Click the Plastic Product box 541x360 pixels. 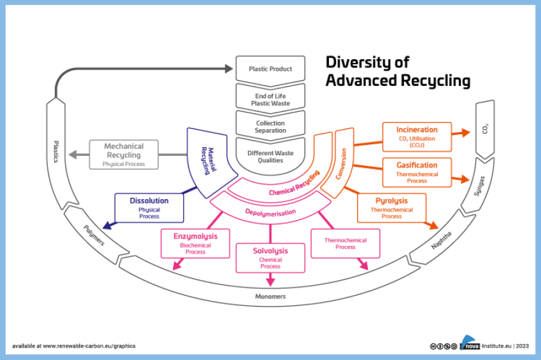[271, 69]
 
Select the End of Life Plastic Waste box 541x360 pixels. [271, 99]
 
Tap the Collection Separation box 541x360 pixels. [271, 127]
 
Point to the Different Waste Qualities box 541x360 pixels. [271, 156]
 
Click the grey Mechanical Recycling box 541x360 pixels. [123, 155]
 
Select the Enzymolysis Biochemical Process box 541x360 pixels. [195, 243]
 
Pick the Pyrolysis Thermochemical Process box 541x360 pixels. [391, 208]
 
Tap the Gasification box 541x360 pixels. [417, 172]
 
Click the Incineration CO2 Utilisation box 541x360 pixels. [417, 137]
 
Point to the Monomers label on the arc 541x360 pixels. [271, 296]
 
